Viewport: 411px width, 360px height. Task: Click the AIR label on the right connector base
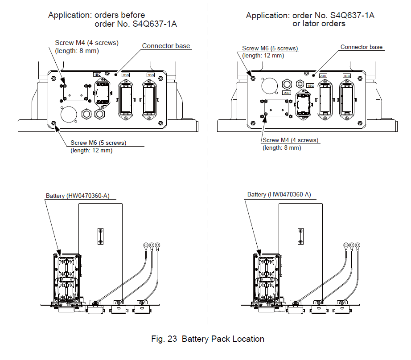(x=288, y=93)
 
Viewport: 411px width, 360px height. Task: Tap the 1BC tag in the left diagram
(x=97, y=74)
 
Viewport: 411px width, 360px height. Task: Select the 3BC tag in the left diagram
(x=150, y=74)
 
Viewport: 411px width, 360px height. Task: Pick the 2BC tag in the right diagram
(x=323, y=76)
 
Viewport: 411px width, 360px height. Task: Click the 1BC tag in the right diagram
(x=310, y=85)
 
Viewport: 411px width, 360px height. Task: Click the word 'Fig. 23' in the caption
(x=164, y=339)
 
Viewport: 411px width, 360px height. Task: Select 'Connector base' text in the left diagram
(x=166, y=46)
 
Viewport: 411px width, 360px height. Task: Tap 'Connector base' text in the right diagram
(x=362, y=47)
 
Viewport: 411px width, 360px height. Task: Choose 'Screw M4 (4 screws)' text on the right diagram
(x=290, y=140)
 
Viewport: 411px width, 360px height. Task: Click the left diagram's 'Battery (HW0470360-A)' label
(x=78, y=196)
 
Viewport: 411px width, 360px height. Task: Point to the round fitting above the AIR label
(x=288, y=84)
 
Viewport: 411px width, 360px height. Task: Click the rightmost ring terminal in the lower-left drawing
(x=158, y=245)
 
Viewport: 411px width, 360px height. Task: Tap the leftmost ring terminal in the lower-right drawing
(x=345, y=245)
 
